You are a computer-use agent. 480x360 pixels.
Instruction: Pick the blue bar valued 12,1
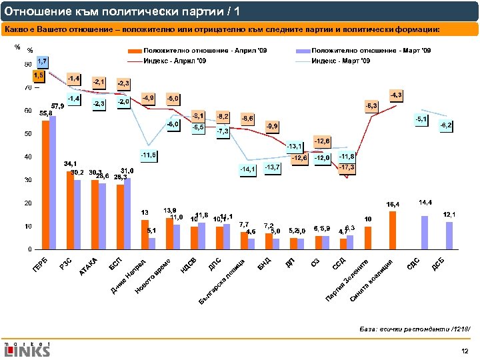pos(449,235)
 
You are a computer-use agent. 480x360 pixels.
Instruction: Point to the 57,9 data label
pos(57,106)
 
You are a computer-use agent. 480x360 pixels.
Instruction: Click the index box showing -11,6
pos(149,155)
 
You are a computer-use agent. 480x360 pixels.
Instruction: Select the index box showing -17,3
pos(347,166)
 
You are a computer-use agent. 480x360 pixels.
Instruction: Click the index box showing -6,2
pos(446,125)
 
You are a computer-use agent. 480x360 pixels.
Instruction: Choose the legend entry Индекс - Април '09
pos(175,61)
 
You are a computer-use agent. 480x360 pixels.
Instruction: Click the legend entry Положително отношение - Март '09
pos(371,51)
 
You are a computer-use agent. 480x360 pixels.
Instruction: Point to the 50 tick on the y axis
pos(27,134)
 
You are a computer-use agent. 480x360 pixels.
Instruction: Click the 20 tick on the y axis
pos(27,203)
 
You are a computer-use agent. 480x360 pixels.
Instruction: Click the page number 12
pos(465,349)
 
